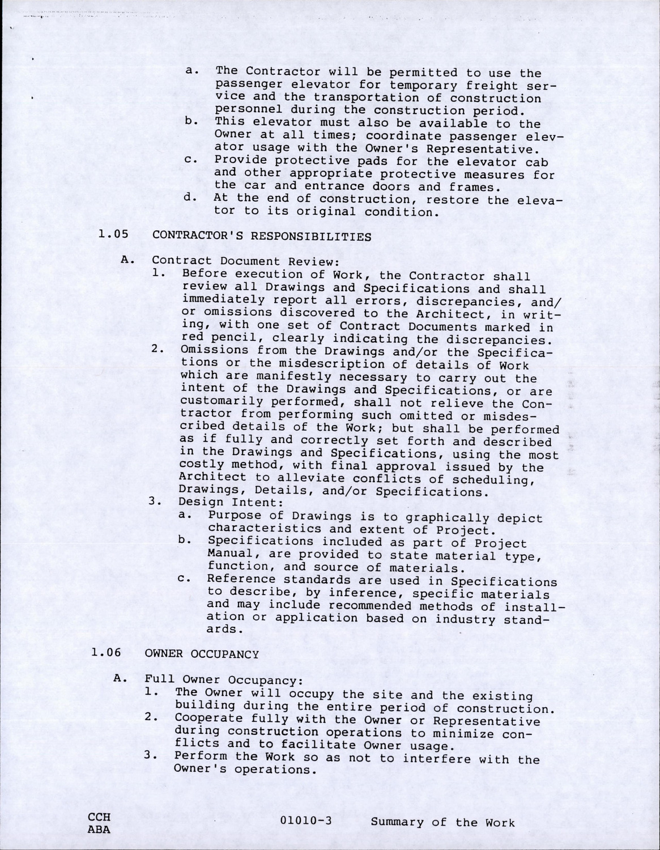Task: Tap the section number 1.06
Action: (106, 652)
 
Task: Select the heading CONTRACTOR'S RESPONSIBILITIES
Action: (262, 236)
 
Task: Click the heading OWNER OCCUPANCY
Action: (202, 654)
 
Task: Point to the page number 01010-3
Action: (306, 822)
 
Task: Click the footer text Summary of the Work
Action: (443, 822)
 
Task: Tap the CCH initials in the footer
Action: (99, 817)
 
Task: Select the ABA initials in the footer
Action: (99, 829)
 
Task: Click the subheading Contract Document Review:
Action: (245, 261)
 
